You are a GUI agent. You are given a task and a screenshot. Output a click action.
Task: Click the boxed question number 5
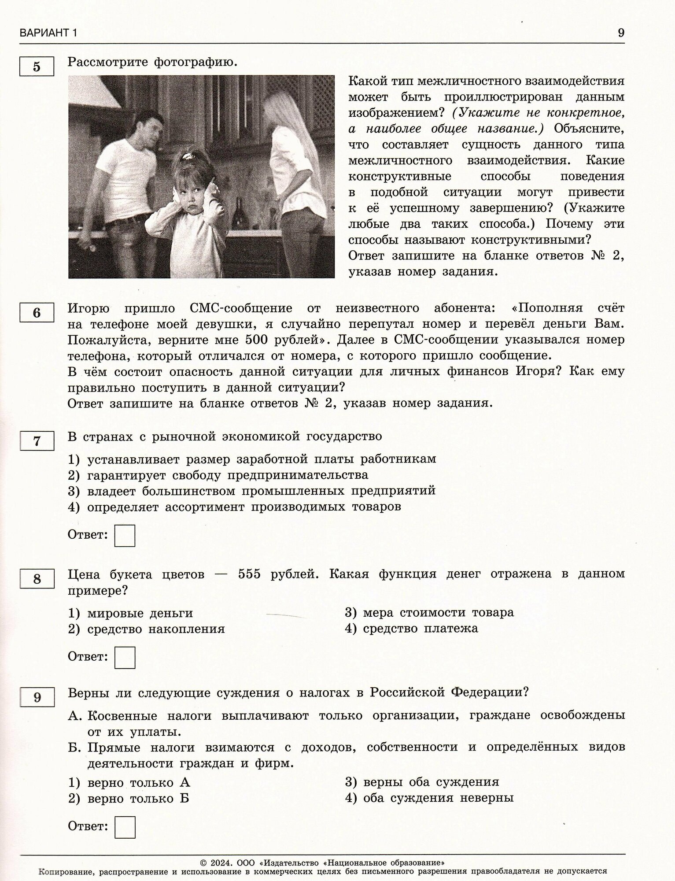[x=37, y=67]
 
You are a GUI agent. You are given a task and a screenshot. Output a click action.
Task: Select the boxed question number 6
[x=37, y=313]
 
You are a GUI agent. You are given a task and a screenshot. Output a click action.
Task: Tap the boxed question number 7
[x=37, y=441]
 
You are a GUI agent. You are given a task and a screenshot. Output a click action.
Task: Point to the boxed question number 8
[x=37, y=578]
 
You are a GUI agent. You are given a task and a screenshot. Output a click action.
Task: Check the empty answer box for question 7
[x=125, y=535]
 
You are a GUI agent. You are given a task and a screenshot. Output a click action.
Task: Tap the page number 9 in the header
[x=621, y=33]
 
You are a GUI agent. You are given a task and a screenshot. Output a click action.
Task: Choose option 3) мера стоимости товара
[x=429, y=613]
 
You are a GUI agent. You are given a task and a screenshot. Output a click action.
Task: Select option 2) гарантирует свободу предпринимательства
[x=218, y=475]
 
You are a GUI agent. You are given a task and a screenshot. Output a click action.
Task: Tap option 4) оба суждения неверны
[x=429, y=798]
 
